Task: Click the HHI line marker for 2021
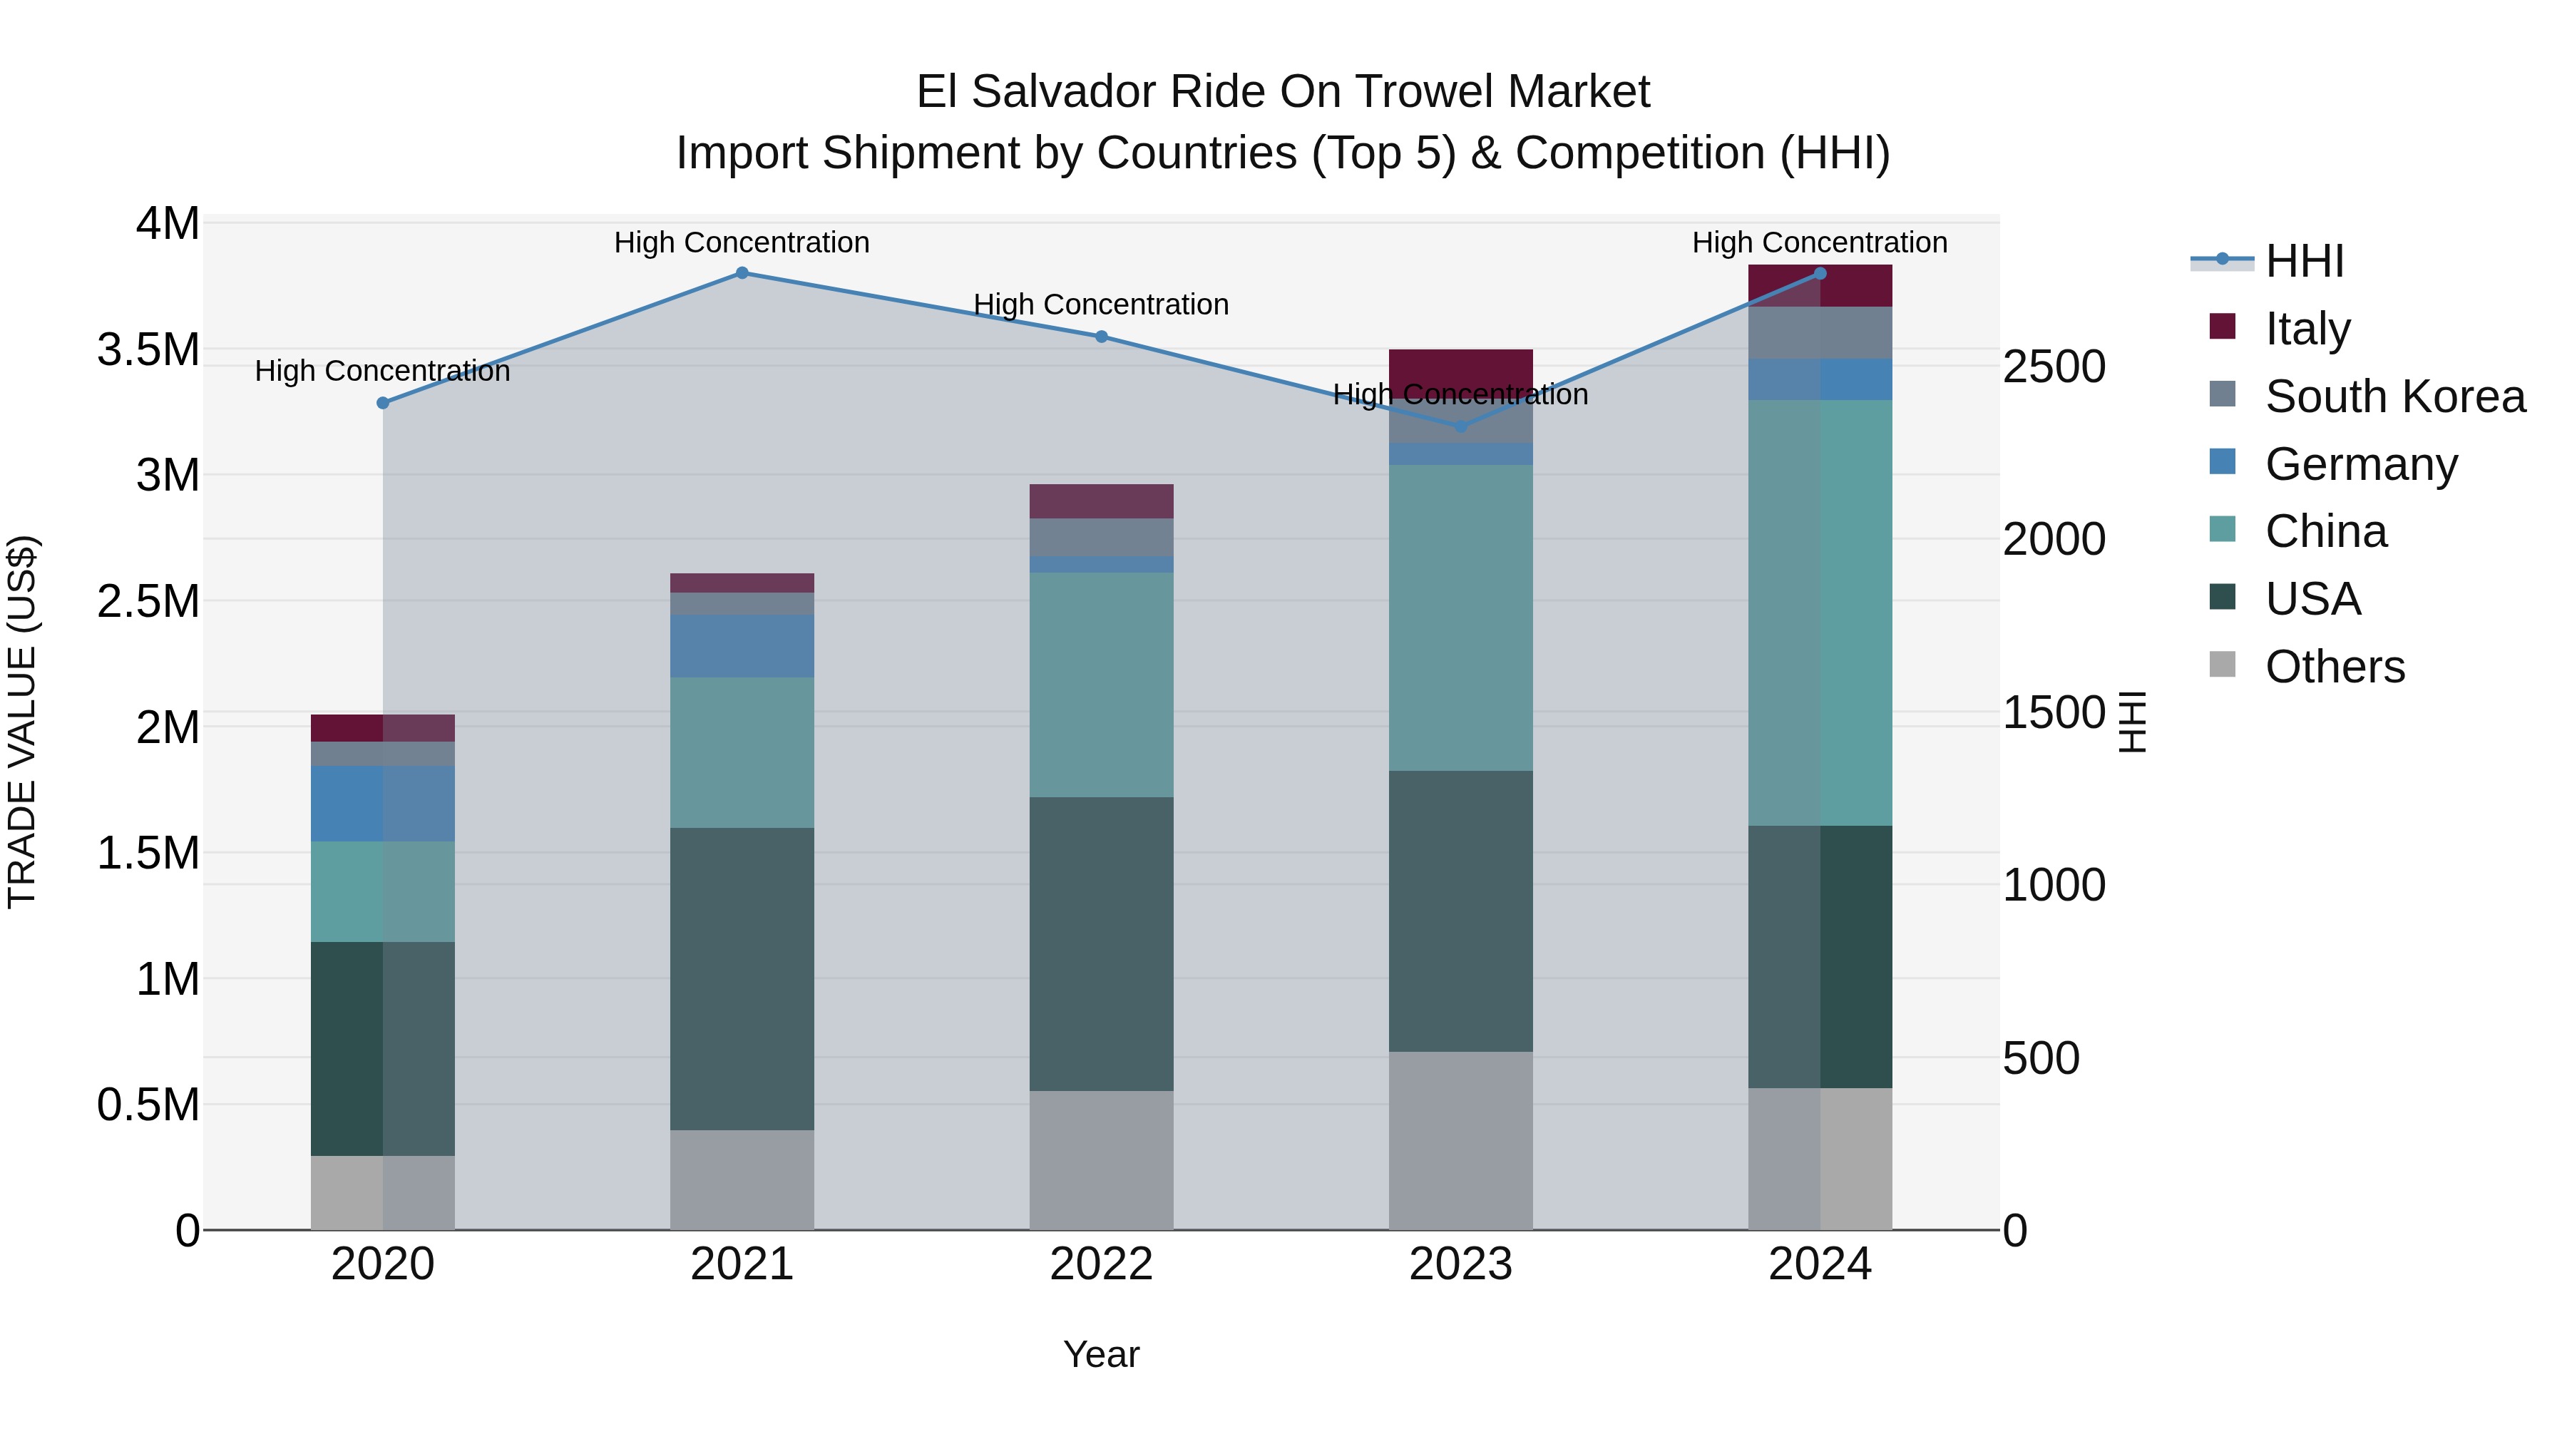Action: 742,273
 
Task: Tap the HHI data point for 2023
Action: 1461,426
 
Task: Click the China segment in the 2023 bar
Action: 1461,617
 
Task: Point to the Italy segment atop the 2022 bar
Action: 1101,501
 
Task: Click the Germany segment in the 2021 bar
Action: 742,646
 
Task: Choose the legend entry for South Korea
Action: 2394,396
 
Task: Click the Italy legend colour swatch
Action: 2222,327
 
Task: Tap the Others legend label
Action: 2335,667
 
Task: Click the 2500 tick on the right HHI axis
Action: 2054,367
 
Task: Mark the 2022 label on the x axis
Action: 1101,1264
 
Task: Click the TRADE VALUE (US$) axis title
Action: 22,722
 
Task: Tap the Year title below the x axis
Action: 1101,1354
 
